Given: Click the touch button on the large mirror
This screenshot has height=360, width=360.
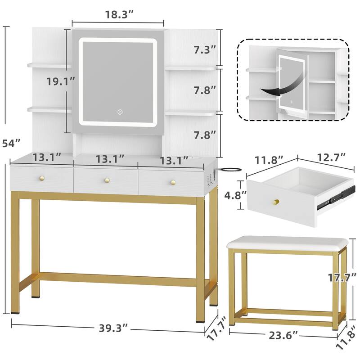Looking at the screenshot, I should click(x=120, y=112).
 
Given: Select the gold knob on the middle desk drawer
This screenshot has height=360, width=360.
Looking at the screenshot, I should click(x=107, y=180).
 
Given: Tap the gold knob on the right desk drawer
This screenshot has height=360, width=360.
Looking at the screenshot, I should click(x=173, y=182).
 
